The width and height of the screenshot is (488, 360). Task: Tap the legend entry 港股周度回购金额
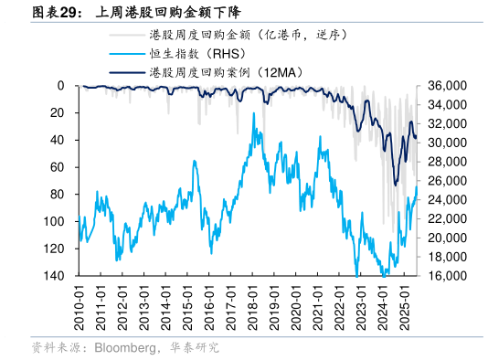tap(247, 35)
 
